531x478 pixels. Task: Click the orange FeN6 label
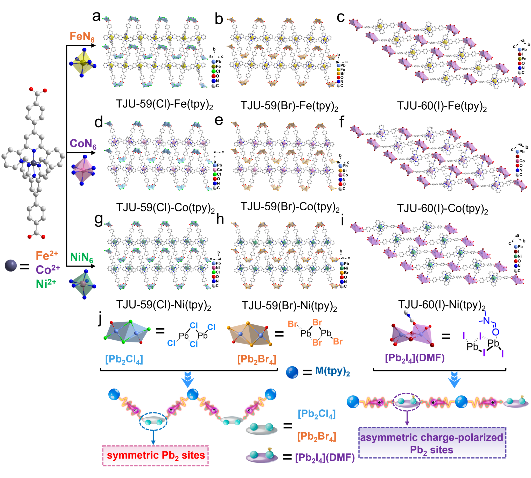(x=82, y=37)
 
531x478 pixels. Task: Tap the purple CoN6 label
(x=83, y=144)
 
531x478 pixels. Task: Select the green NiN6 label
(x=81, y=257)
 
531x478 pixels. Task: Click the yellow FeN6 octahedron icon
(x=83, y=63)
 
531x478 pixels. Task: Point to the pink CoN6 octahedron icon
(x=83, y=170)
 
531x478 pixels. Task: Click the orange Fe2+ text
(x=47, y=255)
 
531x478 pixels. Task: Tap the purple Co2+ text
(x=48, y=269)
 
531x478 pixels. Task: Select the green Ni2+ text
(x=46, y=284)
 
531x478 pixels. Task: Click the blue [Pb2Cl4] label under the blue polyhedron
(x=124, y=359)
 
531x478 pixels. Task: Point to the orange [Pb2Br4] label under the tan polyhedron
(x=257, y=359)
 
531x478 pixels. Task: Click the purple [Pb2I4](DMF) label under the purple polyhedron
(x=415, y=358)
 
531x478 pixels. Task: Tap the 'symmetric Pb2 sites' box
(x=155, y=456)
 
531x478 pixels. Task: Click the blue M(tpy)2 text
(x=332, y=371)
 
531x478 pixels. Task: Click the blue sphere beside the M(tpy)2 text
(x=292, y=372)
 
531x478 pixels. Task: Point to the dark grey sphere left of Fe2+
(x=11, y=266)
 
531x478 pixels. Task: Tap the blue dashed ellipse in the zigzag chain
(x=153, y=421)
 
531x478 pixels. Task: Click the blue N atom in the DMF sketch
(x=486, y=320)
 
